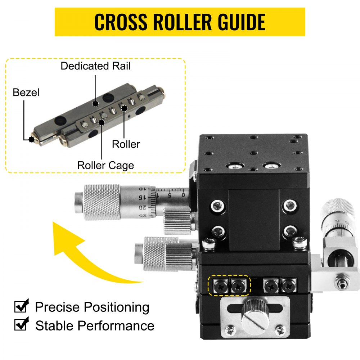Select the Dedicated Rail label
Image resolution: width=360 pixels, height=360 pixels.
95,66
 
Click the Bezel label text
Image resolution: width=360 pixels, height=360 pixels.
26,93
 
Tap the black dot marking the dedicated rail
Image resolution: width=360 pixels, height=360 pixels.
95,104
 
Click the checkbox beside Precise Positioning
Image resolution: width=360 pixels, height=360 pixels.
21,307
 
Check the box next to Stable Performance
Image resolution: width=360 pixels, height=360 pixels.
21,325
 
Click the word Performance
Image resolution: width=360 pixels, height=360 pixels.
116,325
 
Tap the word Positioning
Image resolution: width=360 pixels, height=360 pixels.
116,307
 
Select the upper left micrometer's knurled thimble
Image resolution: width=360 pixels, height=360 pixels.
103,202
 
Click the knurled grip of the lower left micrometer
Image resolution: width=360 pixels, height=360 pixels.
155,254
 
